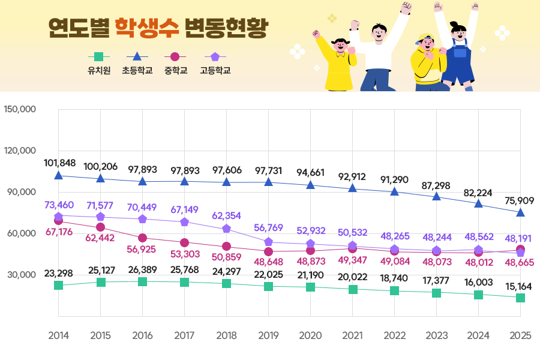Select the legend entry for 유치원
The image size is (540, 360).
[99, 70]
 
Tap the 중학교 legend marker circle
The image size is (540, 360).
[175, 57]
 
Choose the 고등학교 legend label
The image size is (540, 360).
[215, 70]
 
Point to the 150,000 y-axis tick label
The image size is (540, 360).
[20, 109]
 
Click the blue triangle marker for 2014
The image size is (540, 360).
[59, 175]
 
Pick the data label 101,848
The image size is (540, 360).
[59, 163]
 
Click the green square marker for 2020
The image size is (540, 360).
[310, 287]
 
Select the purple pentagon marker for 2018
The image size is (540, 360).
[226, 229]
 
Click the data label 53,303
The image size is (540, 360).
[185, 255]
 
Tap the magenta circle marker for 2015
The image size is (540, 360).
[101, 227]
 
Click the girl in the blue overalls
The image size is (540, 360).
[459, 57]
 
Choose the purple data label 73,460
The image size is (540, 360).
[59, 205]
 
